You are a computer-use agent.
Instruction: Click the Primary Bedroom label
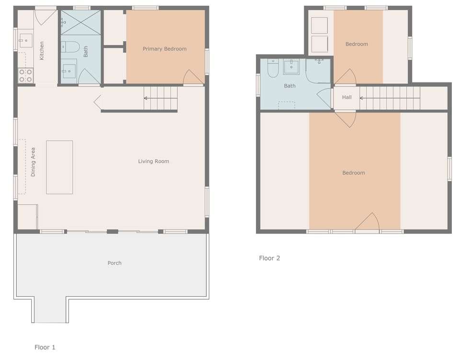pos(164,49)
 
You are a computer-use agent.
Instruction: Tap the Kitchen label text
pos(42,50)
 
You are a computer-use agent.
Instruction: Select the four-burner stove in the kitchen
pos(25,75)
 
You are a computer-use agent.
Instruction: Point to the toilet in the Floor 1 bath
pos(70,47)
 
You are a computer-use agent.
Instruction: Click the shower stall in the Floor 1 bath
pos(80,22)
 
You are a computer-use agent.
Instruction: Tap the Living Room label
pos(153,161)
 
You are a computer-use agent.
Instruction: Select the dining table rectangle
pos(59,167)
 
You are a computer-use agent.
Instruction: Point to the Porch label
pos(115,263)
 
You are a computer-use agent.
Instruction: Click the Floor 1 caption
pos(45,347)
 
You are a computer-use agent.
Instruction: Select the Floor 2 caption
pos(269,258)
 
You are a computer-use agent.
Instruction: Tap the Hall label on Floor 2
pos(347,97)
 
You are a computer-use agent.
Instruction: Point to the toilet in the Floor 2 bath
pos(273,68)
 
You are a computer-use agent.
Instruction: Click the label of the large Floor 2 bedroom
pos(354,173)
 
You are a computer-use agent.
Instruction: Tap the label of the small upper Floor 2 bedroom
pos(356,44)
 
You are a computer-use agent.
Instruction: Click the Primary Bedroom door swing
pos(193,78)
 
